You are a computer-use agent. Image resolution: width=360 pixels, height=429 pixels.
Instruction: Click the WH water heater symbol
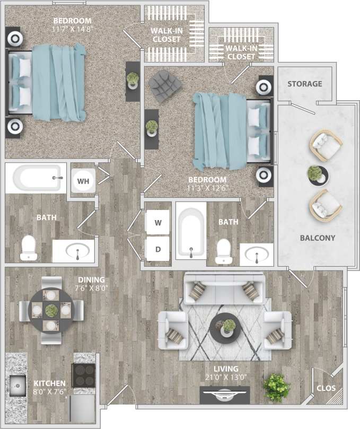point(83,181)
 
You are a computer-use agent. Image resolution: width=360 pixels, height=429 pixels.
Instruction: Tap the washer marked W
point(157,223)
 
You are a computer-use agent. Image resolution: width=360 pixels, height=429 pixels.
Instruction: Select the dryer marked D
point(157,249)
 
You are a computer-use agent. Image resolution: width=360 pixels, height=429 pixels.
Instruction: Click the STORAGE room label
point(305,84)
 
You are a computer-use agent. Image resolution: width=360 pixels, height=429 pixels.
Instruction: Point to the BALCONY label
point(318,238)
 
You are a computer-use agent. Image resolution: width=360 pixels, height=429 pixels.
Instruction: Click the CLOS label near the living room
point(326,388)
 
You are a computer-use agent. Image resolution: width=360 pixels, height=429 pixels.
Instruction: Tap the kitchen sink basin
point(16,383)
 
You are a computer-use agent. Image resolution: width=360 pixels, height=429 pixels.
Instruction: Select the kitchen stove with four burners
point(83,375)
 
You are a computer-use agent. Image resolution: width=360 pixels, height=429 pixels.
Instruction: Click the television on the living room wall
point(224,395)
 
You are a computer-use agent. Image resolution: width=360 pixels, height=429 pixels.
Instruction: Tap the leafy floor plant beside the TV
point(276,387)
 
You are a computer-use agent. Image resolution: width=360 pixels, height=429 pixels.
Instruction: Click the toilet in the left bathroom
point(28,248)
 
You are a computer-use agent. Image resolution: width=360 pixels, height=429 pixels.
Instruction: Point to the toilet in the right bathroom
point(225,251)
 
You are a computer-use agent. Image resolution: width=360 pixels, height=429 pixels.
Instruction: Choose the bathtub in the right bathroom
point(190,233)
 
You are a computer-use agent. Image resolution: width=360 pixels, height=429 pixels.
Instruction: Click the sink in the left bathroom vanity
point(77,251)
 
